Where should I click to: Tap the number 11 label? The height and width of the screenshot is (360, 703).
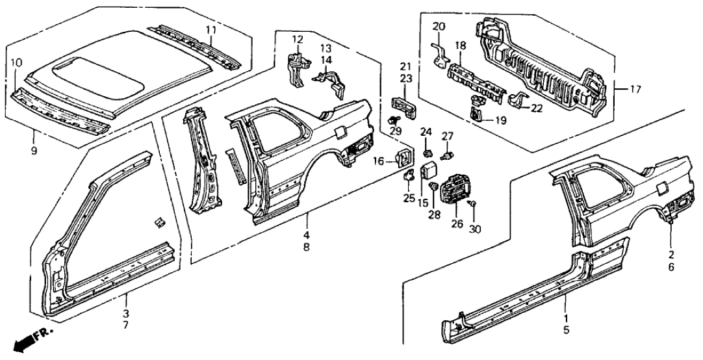212,29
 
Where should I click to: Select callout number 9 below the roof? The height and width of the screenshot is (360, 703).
34,151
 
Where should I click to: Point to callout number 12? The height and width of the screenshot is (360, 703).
297,40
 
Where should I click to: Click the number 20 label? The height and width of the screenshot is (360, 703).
439,27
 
